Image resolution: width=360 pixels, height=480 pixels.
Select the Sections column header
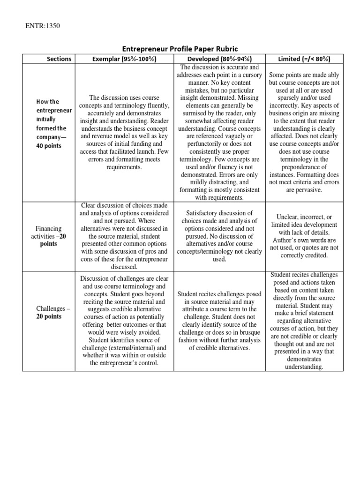[59, 59]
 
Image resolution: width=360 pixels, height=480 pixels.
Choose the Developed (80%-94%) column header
[219, 59]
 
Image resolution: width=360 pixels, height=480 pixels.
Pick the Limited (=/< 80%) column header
[304, 59]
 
